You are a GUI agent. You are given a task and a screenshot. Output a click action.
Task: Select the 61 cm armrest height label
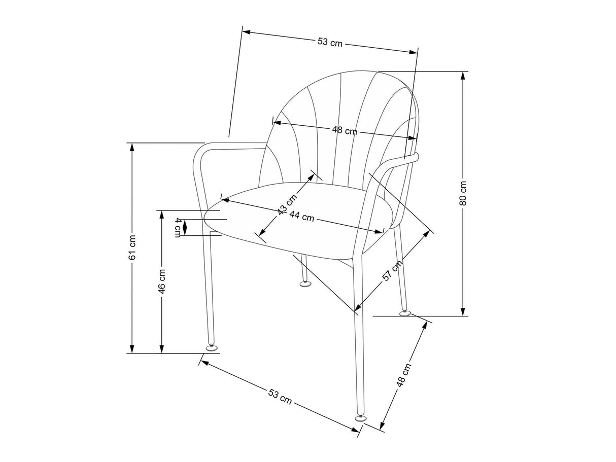[x=132, y=247]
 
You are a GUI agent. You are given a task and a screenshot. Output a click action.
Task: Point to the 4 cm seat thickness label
[x=178, y=227]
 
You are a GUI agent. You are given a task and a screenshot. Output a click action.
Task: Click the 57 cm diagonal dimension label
[x=393, y=270]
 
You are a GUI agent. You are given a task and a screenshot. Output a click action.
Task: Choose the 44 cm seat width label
[x=301, y=216]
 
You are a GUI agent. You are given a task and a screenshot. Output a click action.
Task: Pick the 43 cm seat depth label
[x=287, y=204]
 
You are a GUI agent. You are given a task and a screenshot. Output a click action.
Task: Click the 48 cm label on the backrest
[x=345, y=130]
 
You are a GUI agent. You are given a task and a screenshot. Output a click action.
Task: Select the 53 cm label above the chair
[x=330, y=43]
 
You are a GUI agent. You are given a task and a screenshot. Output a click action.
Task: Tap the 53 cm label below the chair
[x=280, y=397]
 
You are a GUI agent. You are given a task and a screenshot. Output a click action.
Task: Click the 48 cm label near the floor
[x=403, y=375]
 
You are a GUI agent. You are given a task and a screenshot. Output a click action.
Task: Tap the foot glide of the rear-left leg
[x=305, y=284]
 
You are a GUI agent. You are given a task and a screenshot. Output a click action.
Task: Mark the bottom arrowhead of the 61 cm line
[x=132, y=349]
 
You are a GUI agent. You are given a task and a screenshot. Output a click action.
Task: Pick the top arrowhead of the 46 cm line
[x=162, y=215]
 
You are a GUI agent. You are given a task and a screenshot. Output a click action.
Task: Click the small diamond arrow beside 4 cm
[x=185, y=227]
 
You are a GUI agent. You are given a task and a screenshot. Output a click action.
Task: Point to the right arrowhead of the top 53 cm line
[x=414, y=52]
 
